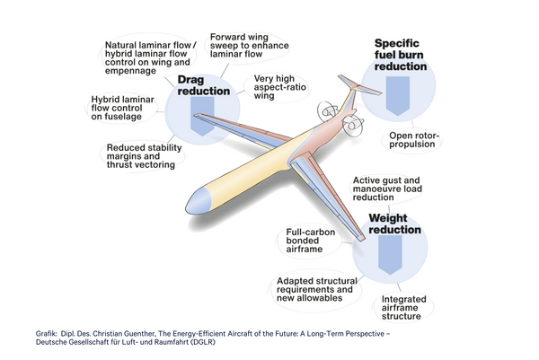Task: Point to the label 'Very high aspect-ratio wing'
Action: (x=279, y=86)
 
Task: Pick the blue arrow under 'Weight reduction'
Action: (x=389, y=258)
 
